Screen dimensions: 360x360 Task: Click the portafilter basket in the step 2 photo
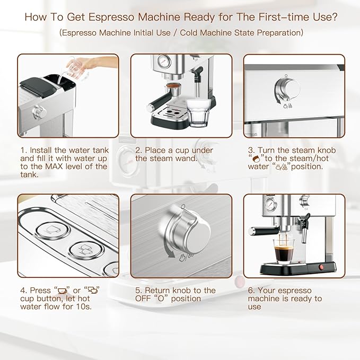coord(172,87)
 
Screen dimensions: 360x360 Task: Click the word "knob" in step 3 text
coord(325,150)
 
